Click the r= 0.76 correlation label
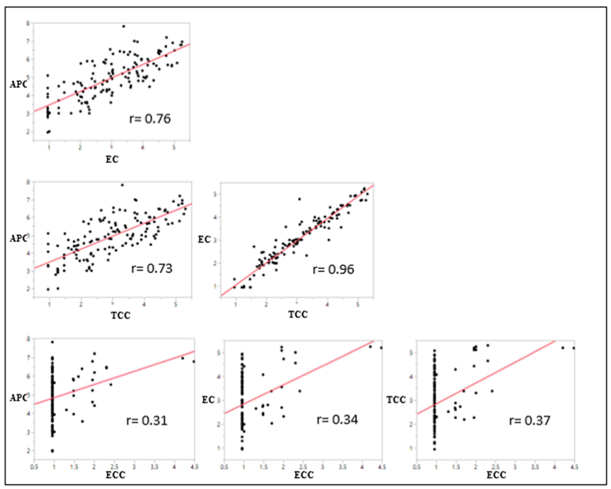coord(150,119)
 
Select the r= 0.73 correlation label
coord(152,268)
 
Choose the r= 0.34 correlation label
coord(337,420)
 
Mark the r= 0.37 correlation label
coord(530,420)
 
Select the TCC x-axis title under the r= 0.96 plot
coord(298,314)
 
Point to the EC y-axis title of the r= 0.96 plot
coord(204,240)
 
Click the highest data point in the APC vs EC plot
coord(124,26)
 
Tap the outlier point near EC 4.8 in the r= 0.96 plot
coord(299,199)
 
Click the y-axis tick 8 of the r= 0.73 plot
coord(28,182)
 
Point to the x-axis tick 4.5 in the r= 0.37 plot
coord(574,467)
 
